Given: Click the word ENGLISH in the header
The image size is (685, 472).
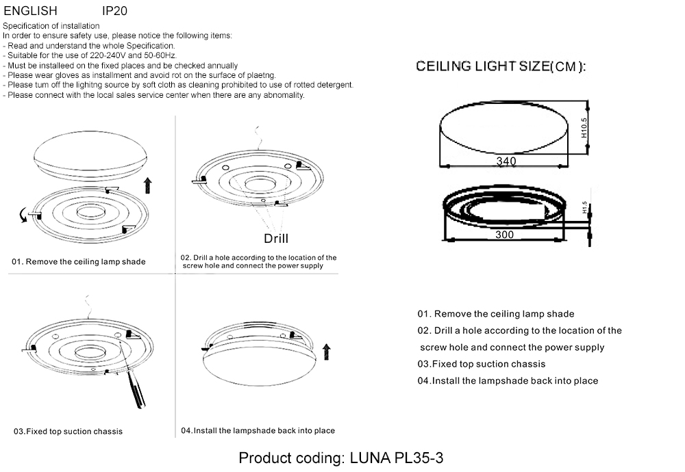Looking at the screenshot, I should pos(30,12).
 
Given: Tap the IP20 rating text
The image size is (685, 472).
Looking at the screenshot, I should pos(114,12).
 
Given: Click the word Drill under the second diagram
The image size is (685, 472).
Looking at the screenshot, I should pos(276,238).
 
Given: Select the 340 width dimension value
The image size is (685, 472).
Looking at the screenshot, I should pos(506,161).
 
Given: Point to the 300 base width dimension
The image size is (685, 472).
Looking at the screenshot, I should pos(503,235).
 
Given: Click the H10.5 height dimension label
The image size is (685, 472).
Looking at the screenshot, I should pos(584,128).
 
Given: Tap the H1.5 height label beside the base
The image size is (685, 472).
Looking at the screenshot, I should pos(584,207).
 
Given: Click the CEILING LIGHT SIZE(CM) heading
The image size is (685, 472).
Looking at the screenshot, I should pos(501,67).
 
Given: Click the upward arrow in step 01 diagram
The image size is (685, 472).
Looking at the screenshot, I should pos(149,185).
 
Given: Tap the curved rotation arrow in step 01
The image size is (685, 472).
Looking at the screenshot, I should pos(24,217).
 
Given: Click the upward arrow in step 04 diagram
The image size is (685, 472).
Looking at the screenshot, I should pos(326,352).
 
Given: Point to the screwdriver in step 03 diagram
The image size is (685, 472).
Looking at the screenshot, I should pos(136,392).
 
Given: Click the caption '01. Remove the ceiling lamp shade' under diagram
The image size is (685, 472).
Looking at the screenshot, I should pos(79,262).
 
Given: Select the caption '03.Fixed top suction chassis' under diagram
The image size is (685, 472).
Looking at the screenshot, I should pos(68,432).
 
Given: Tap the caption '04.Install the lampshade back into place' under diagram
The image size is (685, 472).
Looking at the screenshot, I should pos(258,431).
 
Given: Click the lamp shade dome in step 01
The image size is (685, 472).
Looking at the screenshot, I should pos(90,156).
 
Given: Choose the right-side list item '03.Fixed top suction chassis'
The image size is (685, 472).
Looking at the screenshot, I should pos(482,364).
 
